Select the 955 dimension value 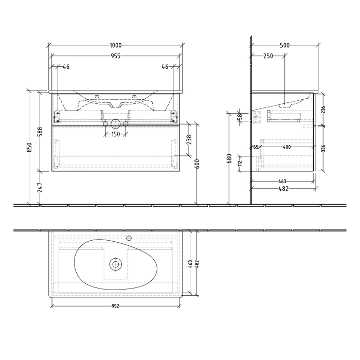coord(116,57)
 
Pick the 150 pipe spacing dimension coord(117,135)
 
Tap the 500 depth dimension coord(284,45)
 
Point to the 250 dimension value coord(267,57)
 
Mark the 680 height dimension coord(229,160)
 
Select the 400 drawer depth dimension coord(287,148)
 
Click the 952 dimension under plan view coord(116,307)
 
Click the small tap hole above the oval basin coord(129,238)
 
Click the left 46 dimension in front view coord(66,67)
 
